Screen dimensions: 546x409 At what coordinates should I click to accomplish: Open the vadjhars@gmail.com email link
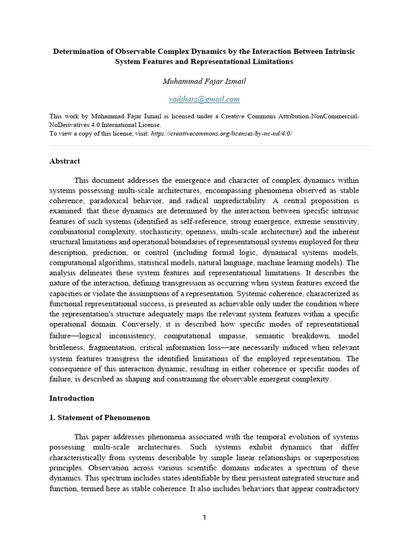tap(204, 99)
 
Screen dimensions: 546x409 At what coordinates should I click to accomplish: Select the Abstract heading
tap(65, 161)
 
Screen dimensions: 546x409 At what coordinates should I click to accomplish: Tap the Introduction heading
tap(72, 398)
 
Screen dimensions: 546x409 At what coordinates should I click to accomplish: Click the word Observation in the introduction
tap(71, 468)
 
